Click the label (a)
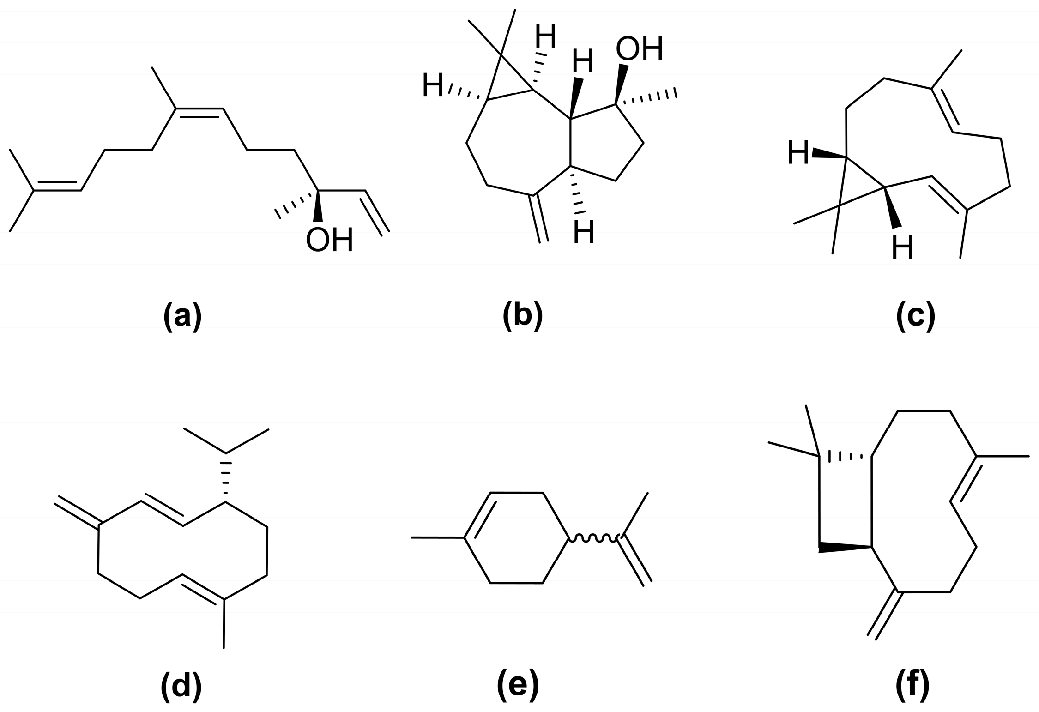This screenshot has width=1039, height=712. pos(182,317)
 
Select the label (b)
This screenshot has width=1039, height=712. pos(522,317)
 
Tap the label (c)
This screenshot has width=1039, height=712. pos(915,317)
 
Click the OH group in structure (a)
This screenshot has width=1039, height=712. pos(329,240)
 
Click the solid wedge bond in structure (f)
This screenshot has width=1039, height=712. pos(845,548)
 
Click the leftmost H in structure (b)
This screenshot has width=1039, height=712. pos(433,86)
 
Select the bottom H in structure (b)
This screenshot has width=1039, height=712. pos(584,233)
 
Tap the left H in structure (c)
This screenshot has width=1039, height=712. pos(798,153)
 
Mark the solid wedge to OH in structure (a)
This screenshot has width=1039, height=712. pos(318,207)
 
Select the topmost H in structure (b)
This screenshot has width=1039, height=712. pos(546,36)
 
